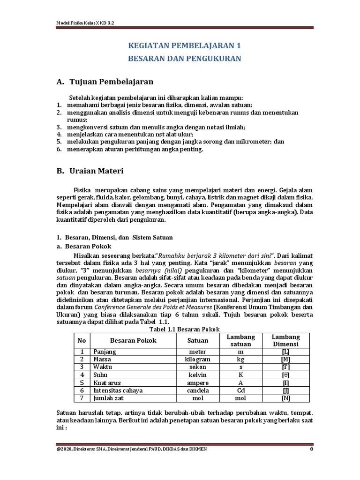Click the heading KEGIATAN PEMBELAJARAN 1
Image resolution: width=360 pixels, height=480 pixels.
click(x=185, y=46)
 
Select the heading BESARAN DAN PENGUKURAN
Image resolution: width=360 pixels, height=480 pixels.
click(x=185, y=59)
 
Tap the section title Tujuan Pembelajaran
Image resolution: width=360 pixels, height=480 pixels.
click(x=111, y=82)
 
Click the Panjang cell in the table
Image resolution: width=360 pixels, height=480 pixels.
click(x=104, y=352)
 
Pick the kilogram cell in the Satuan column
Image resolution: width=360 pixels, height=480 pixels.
click(x=197, y=359)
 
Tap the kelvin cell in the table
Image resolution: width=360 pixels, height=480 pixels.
click(x=197, y=375)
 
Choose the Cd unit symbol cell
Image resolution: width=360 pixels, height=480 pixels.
click(x=240, y=390)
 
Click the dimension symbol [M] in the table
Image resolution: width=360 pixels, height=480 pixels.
click(x=286, y=359)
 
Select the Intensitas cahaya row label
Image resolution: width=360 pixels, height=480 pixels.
click(x=118, y=390)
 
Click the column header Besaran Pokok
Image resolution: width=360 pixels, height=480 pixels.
click(x=133, y=341)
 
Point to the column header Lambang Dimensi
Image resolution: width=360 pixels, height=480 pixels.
click(x=286, y=341)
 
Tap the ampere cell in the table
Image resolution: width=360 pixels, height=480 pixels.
click(x=197, y=382)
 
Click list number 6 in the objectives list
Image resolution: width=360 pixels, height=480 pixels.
click(x=59, y=150)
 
